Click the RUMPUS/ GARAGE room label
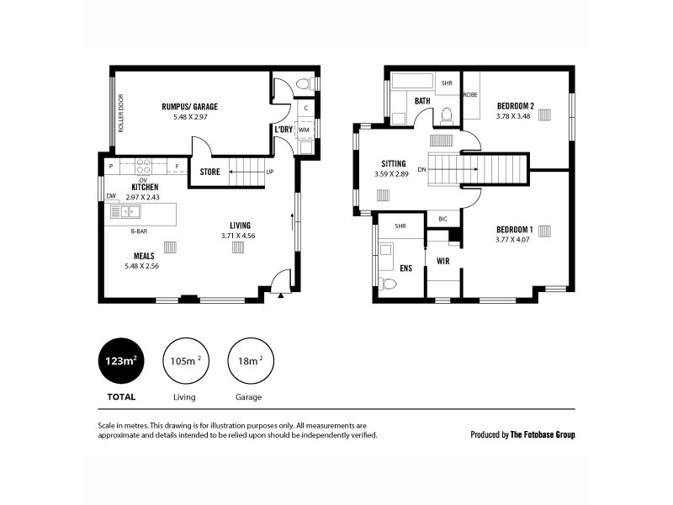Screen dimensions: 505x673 [189, 107]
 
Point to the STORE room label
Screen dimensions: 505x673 [209, 173]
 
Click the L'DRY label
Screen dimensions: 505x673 [283, 130]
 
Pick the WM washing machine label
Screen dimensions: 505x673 [305, 130]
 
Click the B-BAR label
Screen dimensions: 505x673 [139, 231]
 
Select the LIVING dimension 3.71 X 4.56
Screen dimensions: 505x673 [240, 236]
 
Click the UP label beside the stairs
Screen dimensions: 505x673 [270, 173]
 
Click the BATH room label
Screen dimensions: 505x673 [422, 101]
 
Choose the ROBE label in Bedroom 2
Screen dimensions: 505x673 [469, 95]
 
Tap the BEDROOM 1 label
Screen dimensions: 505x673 [515, 230]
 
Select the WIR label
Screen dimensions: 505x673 [442, 261]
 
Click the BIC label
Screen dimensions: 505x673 [442, 219]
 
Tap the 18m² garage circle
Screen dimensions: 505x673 [250, 363]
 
